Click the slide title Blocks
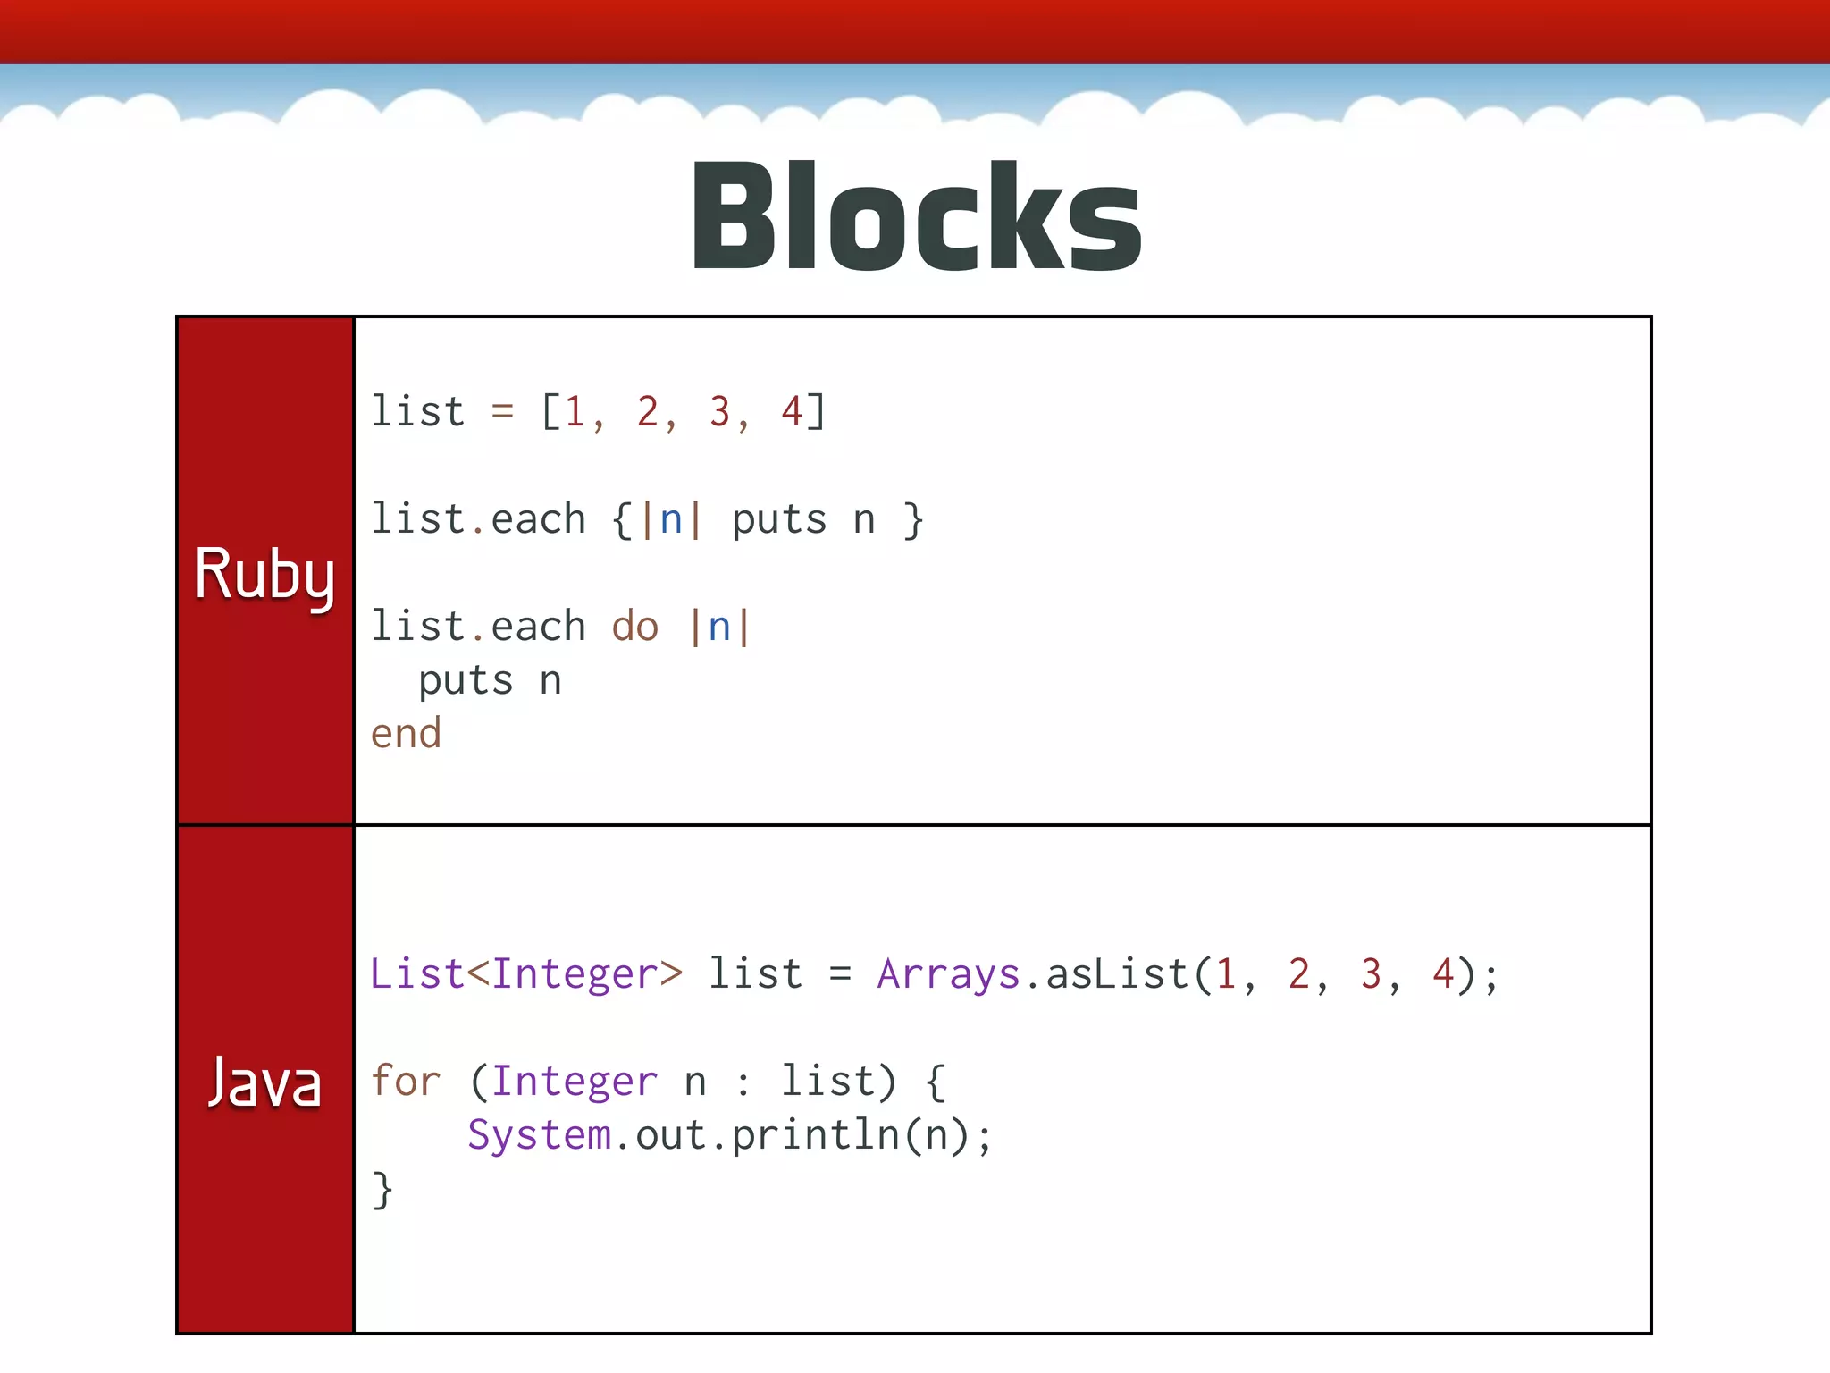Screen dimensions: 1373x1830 point(916,217)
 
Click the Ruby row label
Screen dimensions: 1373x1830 point(264,574)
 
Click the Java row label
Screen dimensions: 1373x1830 point(264,1082)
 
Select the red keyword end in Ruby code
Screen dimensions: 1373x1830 point(406,734)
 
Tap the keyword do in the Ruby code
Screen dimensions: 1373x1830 point(635,627)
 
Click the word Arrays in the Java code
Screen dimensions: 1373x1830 point(948,974)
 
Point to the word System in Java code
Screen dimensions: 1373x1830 point(539,1135)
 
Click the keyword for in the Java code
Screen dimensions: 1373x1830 point(406,1082)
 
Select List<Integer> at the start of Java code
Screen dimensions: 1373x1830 point(526,974)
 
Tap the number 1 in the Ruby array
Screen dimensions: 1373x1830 point(575,412)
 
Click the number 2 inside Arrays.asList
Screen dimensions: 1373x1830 point(1298,974)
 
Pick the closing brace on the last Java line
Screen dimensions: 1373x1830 point(382,1190)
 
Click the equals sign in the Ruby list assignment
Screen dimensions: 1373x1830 point(502,412)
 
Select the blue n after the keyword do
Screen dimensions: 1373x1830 point(719,627)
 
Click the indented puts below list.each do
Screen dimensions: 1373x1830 point(466,681)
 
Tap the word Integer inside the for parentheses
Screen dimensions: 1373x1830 point(575,1082)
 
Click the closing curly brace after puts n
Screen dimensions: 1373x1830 point(912,520)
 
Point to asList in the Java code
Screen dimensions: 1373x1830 point(1117,974)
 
